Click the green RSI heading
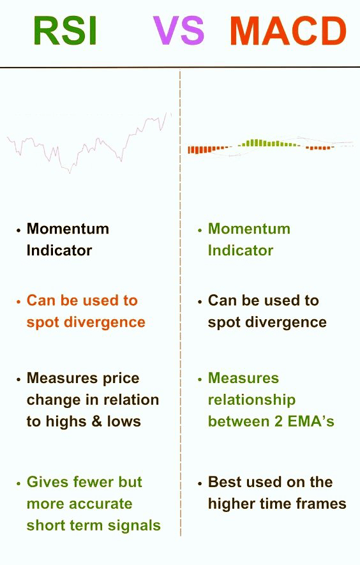tap(66, 31)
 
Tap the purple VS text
tap(179, 31)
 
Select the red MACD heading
tap(289, 31)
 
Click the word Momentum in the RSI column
tap(68, 229)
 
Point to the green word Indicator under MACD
tap(241, 250)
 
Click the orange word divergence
tap(105, 322)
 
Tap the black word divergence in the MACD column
tap(286, 322)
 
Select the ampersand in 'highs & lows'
tap(97, 421)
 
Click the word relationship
tap(251, 400)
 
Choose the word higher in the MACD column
tap(231, 504)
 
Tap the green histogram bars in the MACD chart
tap(269, 144)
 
